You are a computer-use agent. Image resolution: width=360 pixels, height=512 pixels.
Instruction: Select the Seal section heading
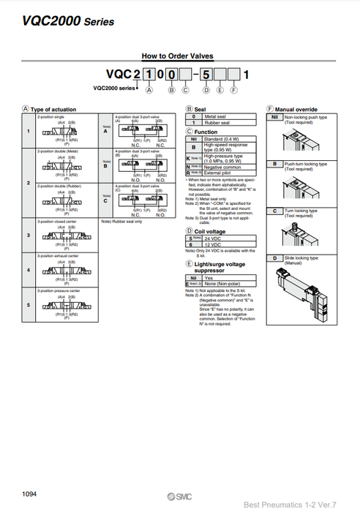pos(199,109)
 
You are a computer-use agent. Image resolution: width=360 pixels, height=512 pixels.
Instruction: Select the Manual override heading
pos(296,109)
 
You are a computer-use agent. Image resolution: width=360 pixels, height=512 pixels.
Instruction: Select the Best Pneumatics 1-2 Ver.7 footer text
pos(300,503)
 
